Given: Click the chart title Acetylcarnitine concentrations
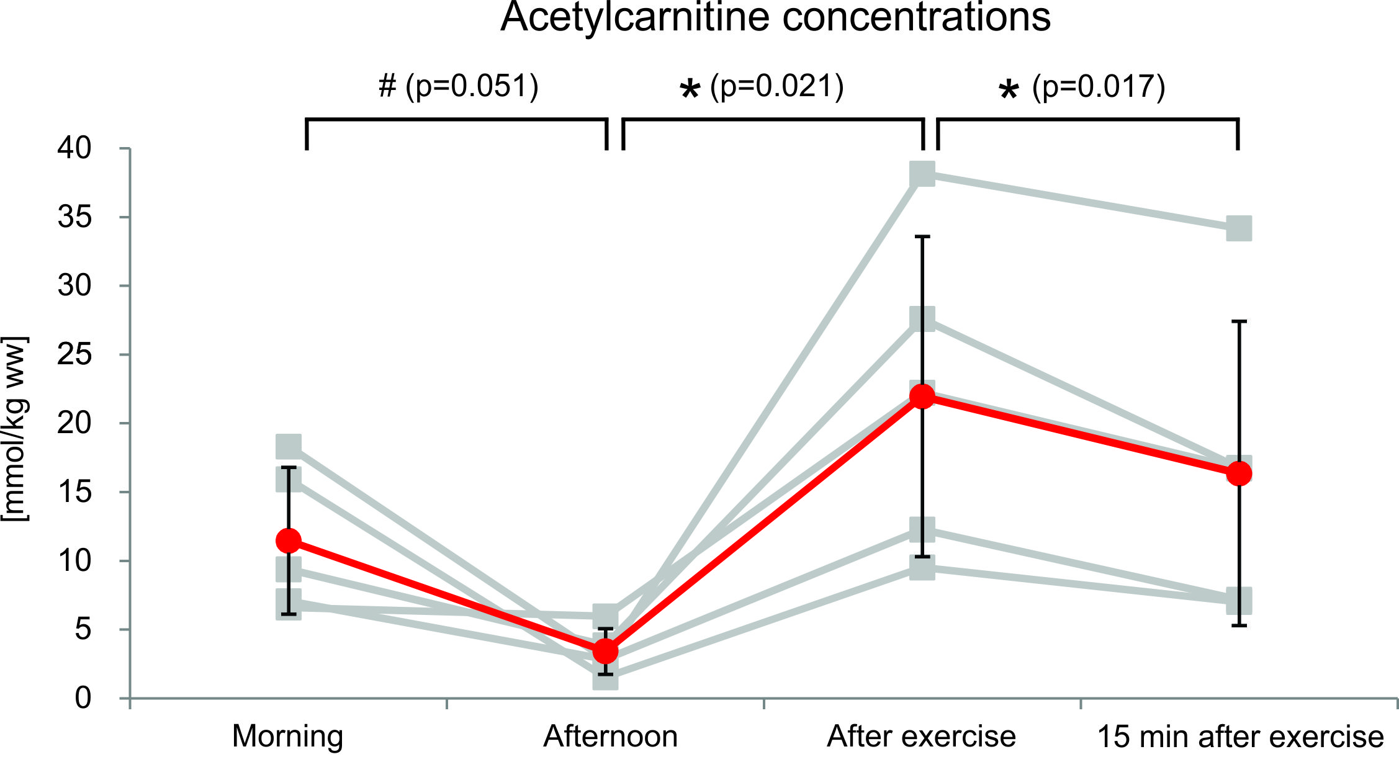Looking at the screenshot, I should (775, 17).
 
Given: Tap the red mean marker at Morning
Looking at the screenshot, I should (289, 540).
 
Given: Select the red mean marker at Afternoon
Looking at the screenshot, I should (606, 652).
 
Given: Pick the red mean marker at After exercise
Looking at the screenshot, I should (922, 397).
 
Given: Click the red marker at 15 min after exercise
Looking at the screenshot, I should (1239, 474).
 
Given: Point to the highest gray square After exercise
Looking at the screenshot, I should (922, 174).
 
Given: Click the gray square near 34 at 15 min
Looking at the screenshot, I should (1239, 228).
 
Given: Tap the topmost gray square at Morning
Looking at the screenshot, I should (289, 446).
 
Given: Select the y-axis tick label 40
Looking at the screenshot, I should (74, 148).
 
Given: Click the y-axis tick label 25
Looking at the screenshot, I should (74, 355).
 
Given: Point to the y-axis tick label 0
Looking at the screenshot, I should (83, 698).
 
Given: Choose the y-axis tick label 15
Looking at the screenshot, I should (74, 493).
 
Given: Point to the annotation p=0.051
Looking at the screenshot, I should (472, 86).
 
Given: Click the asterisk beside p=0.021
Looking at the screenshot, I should (690, 90).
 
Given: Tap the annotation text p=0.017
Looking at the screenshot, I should (1099, 86).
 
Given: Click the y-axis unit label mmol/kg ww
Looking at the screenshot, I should (15, 429).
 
